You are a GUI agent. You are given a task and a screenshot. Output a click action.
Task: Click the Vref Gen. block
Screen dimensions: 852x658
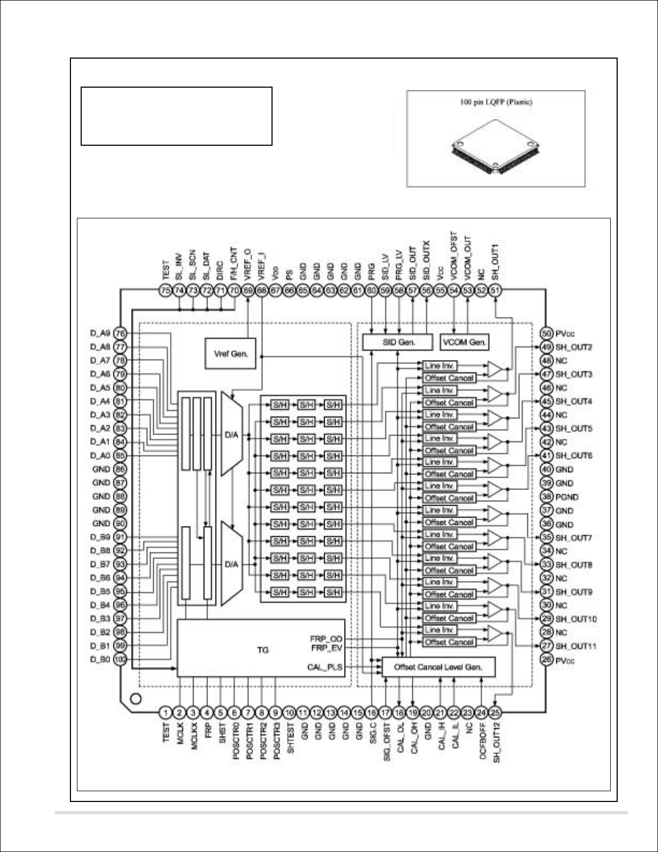point(231,353)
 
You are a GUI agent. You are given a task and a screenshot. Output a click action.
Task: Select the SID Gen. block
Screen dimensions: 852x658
point(397,342)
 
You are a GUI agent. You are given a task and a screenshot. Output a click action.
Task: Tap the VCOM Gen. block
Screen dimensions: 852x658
point(464,342)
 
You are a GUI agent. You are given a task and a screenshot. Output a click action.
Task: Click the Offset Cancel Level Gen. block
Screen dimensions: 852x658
point(438,667)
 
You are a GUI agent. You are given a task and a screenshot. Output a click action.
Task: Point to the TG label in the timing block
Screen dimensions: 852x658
point(262,650)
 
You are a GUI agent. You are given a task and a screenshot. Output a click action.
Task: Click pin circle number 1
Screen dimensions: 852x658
point(166,713)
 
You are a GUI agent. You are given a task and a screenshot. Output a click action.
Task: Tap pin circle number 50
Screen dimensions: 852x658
point(547,333)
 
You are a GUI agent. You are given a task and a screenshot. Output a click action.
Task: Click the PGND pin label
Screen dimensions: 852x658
point(567,497)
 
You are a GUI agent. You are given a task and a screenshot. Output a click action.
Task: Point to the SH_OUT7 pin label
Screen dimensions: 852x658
point(574,538)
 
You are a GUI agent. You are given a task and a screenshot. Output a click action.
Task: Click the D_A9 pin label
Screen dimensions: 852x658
point(100,333)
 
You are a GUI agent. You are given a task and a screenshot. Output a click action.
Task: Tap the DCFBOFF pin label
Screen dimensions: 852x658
point(482,742)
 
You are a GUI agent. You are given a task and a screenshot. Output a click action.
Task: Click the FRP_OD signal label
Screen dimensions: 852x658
point(326,638)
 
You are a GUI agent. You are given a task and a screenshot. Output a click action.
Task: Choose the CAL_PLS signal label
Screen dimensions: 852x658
point(325,668)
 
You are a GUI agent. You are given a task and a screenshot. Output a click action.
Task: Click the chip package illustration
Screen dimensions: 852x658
point(495,152)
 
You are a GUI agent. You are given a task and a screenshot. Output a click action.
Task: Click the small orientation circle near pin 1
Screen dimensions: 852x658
point(135,699)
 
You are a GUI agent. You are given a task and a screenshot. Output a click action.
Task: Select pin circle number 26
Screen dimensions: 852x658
point(547,659)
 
